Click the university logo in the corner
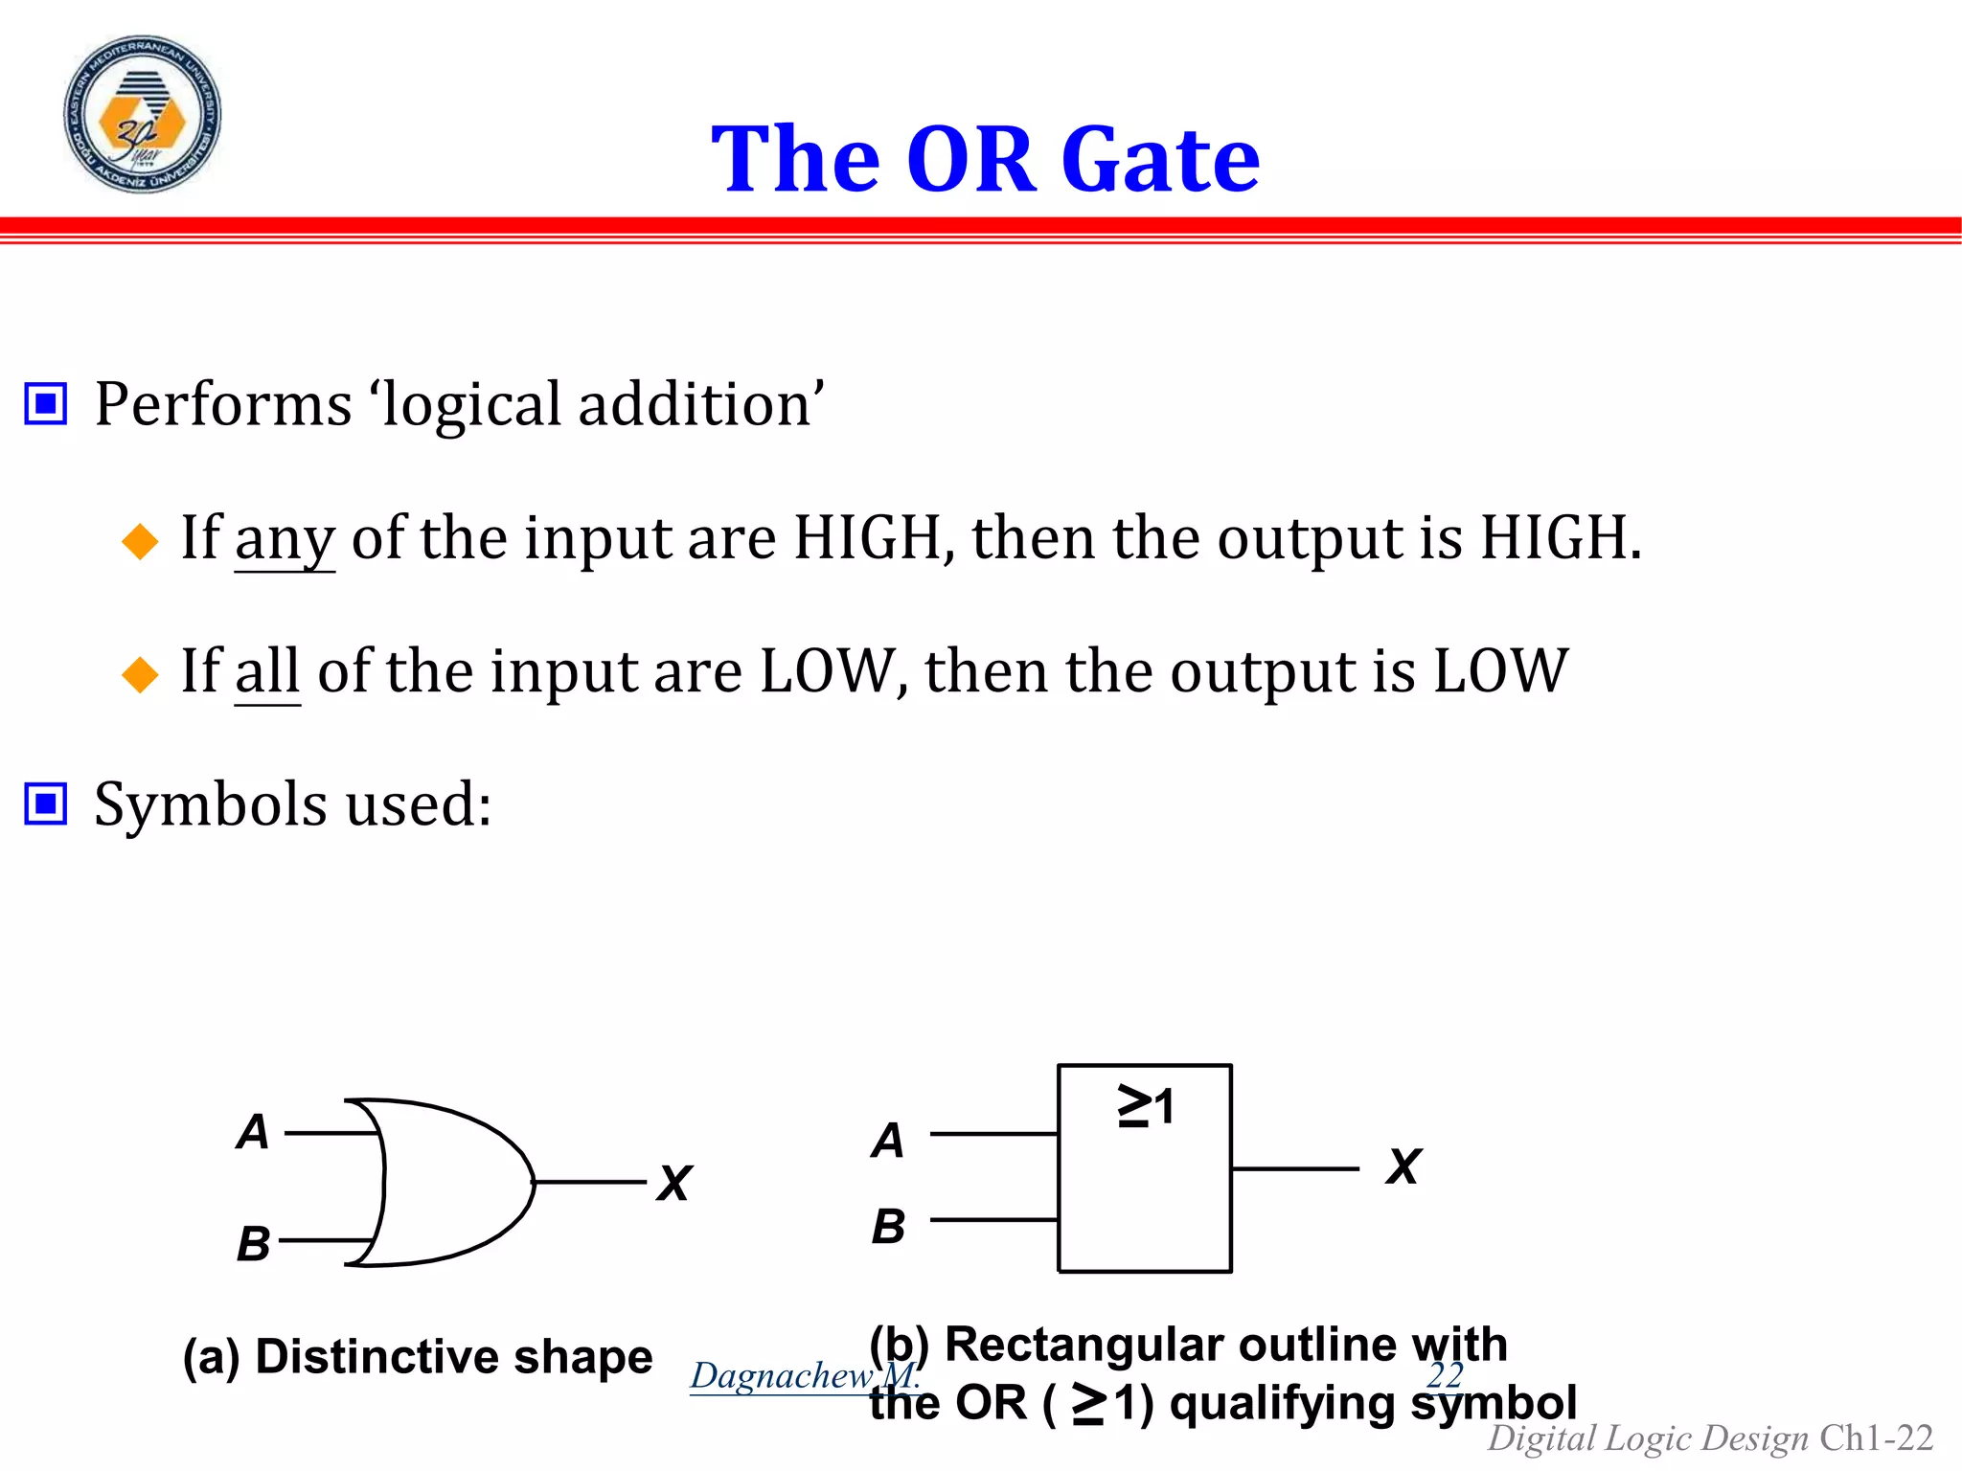[142, 114]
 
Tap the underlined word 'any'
[285, 539]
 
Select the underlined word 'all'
[267, 671]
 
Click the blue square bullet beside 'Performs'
[45, 403]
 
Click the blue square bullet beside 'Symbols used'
[45, 803]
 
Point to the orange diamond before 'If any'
[140, 541]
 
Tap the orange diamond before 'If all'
[140, 674]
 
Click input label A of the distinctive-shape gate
[253, 1132]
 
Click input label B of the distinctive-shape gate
[254, 1244]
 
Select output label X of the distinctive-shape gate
[674, 1184]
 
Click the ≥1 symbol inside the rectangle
[1145, 1106]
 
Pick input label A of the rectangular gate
[888, 1141]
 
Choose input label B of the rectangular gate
[888, 1227]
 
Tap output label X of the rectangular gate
[1403, 1167]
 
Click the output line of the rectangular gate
[1294, 1168]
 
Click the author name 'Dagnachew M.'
[803, 1375]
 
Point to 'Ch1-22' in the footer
[1876, 1437]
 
